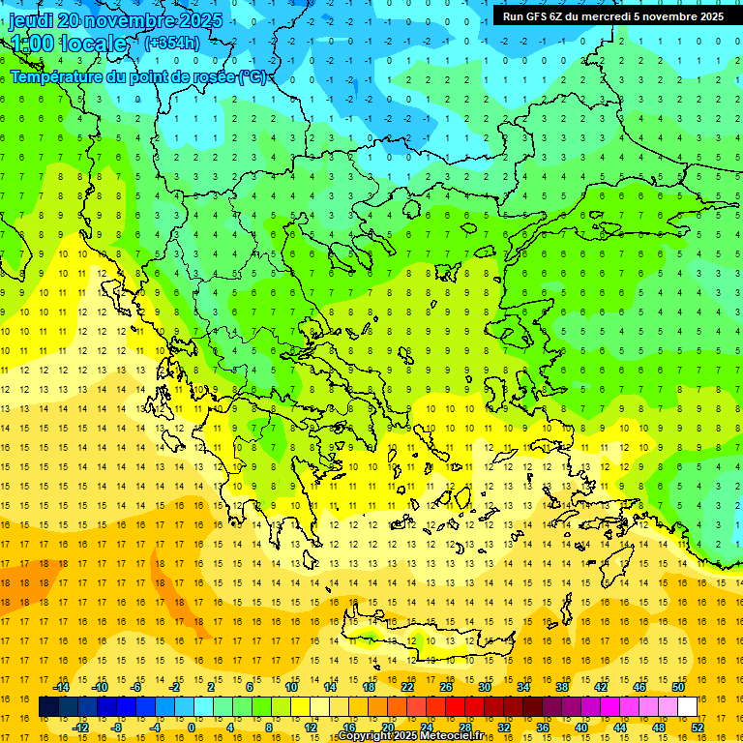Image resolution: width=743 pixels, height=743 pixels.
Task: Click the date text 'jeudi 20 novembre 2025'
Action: coord(115,20)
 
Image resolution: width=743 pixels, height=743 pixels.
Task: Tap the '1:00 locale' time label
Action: coord(69,44)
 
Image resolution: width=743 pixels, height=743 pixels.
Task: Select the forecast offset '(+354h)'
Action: coord(172,43)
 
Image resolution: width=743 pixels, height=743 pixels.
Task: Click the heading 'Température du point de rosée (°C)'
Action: coord(138,76)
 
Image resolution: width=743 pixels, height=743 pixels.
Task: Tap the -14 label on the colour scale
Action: coord(61,687)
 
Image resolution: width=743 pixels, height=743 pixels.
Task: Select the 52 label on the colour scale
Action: coord(698,728)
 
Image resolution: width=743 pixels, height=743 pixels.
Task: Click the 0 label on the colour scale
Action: coord(192,728)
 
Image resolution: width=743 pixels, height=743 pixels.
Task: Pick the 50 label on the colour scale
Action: coord(677,687)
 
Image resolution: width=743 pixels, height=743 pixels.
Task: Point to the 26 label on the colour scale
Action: coord(446,687)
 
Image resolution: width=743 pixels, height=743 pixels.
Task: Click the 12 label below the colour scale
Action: coord(311,728)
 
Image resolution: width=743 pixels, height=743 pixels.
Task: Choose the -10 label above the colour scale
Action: coord(100,687)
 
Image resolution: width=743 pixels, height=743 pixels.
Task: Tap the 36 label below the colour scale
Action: coord(543,728)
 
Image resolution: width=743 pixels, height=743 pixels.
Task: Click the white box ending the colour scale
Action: coord(687,707)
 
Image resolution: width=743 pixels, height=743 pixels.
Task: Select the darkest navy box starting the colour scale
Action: coord(48,707)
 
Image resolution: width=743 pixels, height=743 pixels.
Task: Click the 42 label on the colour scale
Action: coord(601,687)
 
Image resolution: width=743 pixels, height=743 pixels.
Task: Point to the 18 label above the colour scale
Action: coord(369,687)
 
